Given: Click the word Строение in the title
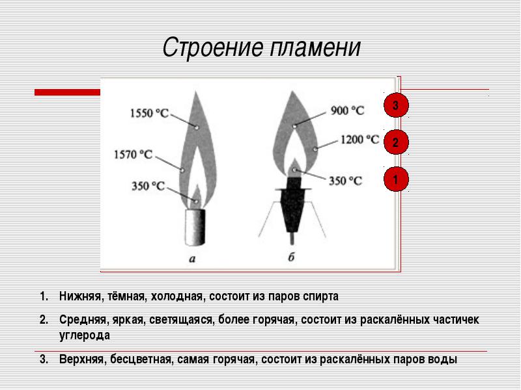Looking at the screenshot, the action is coord(214,47).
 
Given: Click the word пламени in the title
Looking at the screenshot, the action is coord(315,47).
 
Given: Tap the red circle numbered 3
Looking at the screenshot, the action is coord(396,105).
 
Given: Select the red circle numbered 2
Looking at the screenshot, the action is coord(396,142).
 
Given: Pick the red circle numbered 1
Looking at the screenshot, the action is coord(396,179).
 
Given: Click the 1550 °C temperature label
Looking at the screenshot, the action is coord(149,113).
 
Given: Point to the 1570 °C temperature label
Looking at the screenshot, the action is coord(134,155).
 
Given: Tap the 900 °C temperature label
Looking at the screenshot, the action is coord(347,110).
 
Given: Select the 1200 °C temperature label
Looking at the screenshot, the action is coord(360,140).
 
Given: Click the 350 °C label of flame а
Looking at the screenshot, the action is coord(148,186).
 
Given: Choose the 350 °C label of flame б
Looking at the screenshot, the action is coord(345,181).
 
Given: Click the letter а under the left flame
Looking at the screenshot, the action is coord(192,259).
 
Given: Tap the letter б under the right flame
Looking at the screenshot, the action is coord(291,257).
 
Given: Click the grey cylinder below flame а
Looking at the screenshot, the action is coord(195,227).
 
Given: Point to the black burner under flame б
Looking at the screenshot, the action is coord(292,205).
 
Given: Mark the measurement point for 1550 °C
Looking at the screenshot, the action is coord(197,127).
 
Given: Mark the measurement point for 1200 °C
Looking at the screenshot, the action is coord(315,149).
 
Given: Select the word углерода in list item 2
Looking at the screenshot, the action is coord(85,335).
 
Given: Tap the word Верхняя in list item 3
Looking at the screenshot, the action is coord(81,359).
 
